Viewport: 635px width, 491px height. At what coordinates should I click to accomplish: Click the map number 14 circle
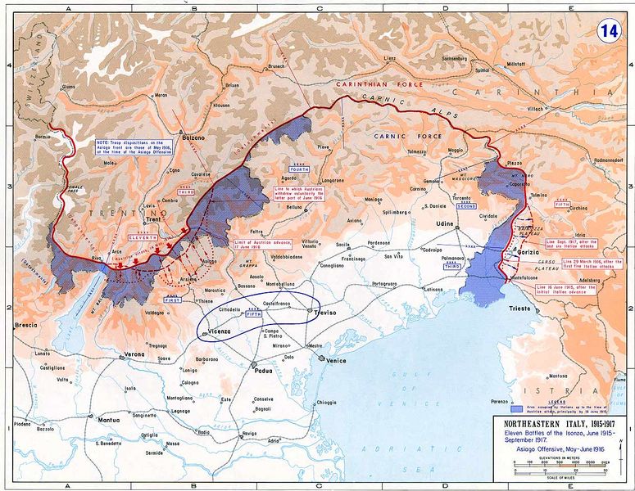(x=607, y=31)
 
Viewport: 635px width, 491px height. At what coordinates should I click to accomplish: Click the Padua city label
(x=263, y=370)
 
